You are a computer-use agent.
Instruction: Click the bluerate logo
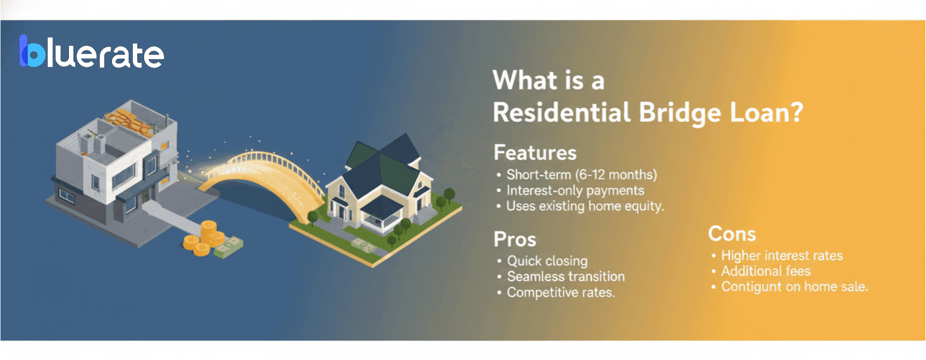(92, 52)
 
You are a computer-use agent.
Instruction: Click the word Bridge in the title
(680, 113)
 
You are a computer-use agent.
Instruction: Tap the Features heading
(535, 153)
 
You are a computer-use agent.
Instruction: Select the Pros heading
(514, 240)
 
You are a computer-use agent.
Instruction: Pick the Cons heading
(732, 234)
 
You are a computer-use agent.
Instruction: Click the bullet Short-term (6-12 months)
(581, 175)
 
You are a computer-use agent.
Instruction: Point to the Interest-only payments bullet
(575, 191)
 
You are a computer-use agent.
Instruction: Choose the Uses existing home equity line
(584, 206)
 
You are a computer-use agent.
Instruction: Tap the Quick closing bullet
(547, 261)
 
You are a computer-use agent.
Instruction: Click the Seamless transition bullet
(565, 277)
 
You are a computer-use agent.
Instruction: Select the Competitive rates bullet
(560, 293)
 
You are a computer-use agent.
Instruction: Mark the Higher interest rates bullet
(781, 256)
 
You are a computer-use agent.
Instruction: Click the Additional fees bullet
(765, 271)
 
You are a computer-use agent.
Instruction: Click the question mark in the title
(796, 112)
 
